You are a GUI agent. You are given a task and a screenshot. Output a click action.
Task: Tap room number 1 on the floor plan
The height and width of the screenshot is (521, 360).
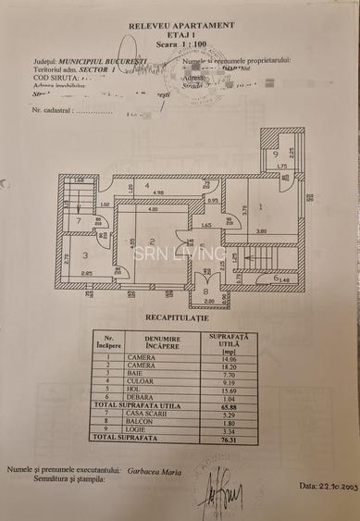[262, 207]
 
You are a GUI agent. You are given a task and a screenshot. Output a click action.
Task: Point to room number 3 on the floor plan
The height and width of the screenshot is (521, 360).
[85, 255]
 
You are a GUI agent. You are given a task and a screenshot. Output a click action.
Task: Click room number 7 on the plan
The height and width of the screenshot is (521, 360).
[80, 220]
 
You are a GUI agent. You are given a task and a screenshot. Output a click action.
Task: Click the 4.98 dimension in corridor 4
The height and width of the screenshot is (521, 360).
[158, 192]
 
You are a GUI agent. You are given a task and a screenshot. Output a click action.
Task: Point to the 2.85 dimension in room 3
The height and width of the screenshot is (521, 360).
[85, 273]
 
